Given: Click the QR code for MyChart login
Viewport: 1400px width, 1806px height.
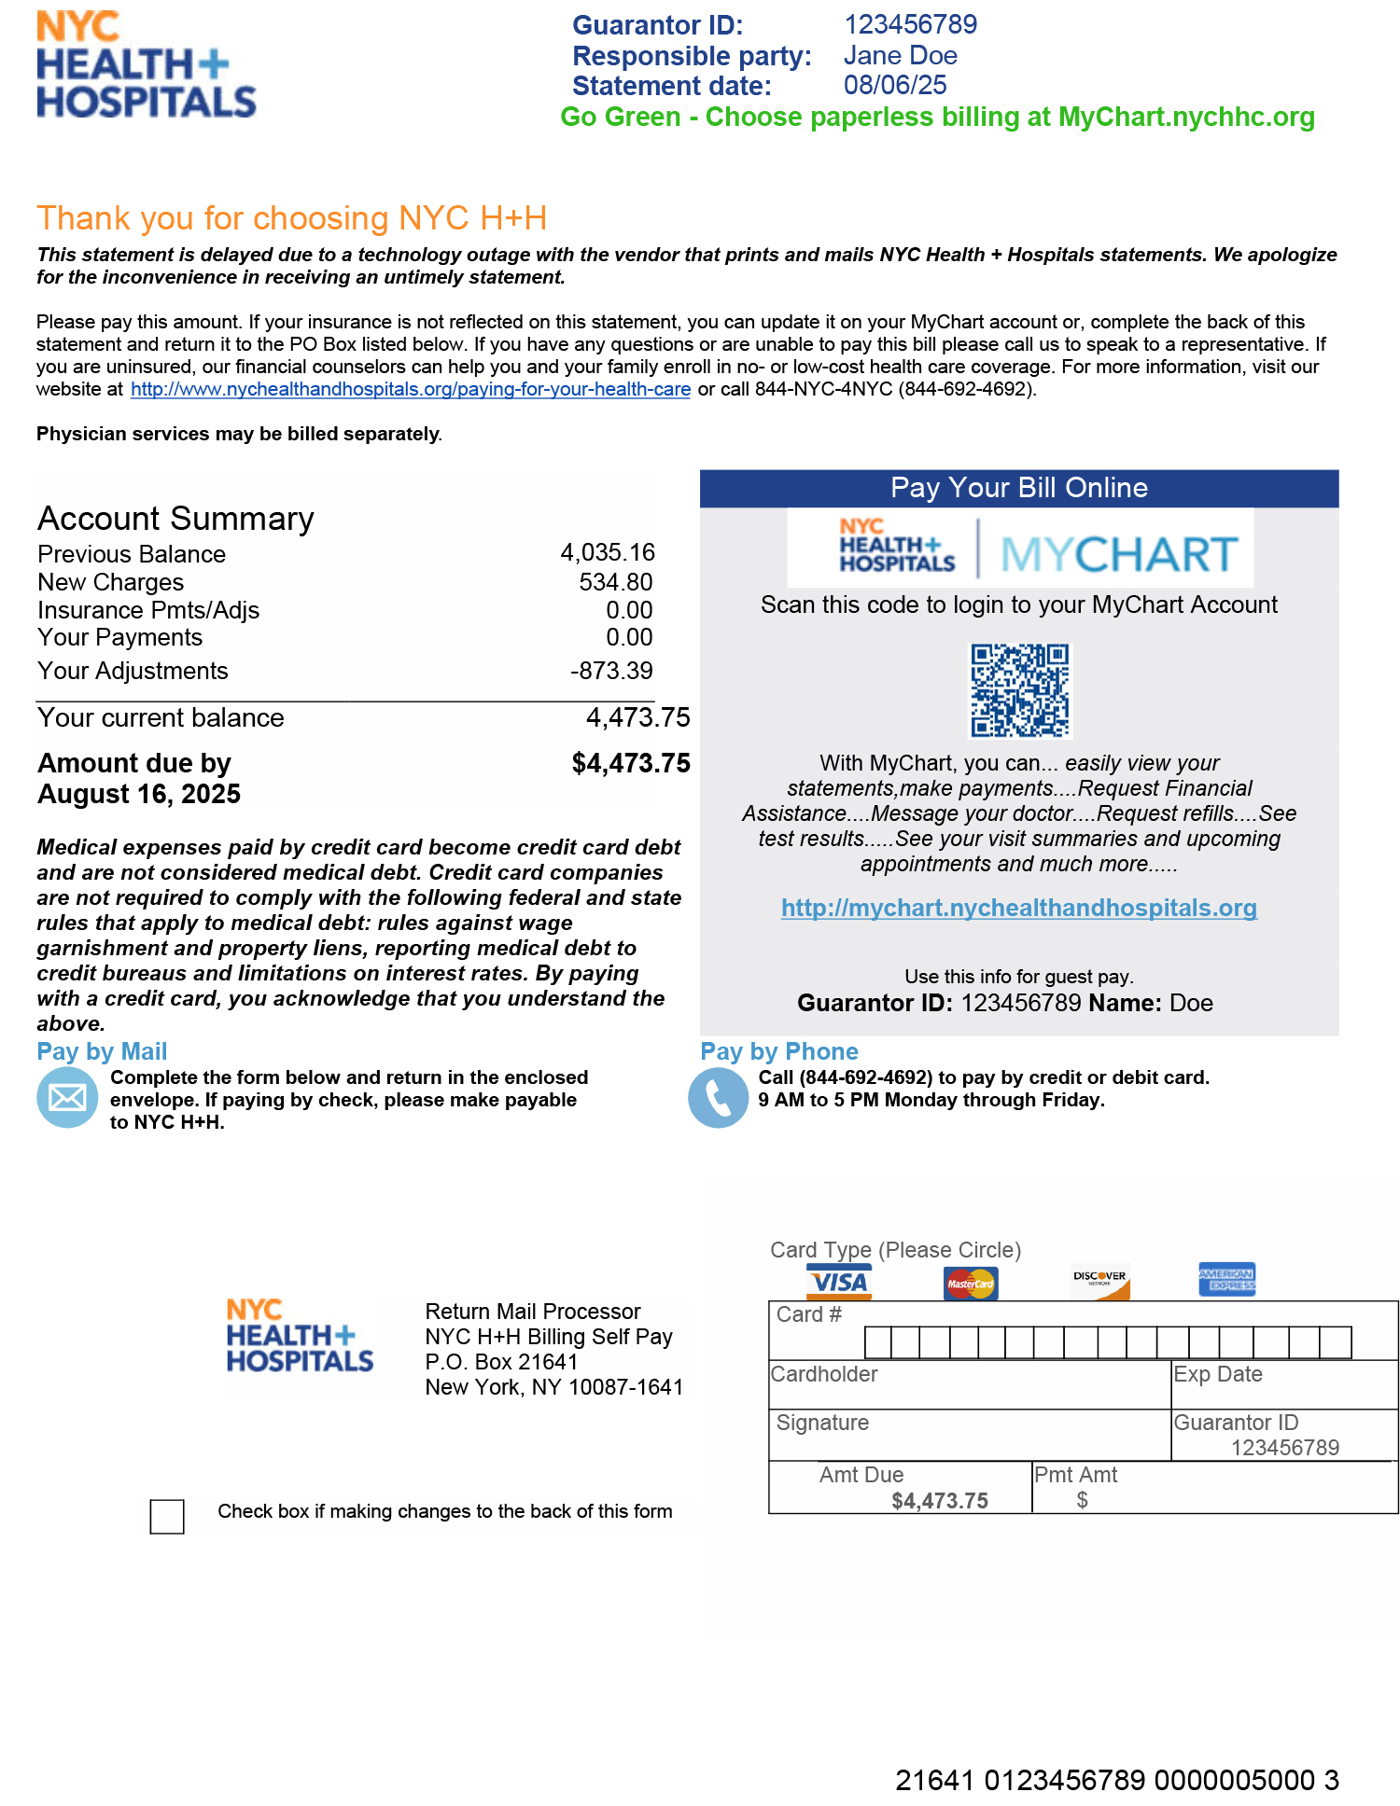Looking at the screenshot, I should pyautogui.click(x=1020, y=690).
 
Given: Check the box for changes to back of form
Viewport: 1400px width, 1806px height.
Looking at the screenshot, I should pyautogui.click(x=167, y=1516).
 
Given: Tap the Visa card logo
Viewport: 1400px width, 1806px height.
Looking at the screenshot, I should pyautogui.click(x=839, y=1283).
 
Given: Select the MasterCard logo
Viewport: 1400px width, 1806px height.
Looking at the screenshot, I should pyautogui.click(x=971, y=1284).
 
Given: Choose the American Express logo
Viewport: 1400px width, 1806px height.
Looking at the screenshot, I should pyautogui.click(x=1226, y=1280).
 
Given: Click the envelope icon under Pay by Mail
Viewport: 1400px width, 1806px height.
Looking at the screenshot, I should pyautogui.click(x=67, y=1098).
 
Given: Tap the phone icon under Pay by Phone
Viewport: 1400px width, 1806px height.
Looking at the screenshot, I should pyautogui.click(x=718, y=1098).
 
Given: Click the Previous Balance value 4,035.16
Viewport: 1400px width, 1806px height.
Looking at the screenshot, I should pyautogui.click(x=608, y=553).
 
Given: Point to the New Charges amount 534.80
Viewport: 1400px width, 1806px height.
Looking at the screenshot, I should pyautogui.click(x=615, y=582).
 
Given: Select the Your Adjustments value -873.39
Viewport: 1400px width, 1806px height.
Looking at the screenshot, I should pyautogui.click(x=611, y=671).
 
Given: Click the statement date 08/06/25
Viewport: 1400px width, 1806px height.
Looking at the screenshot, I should pyautogui.click(x=895, y=85).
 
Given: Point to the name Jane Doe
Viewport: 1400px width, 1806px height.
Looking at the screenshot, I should pyautogui.click(x=900, y=55).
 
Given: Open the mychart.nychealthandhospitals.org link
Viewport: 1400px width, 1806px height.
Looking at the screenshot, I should pyautogui.click(x=1018, y=908).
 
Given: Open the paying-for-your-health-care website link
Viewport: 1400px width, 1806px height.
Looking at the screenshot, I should pyautogui.click(x=410, y=389).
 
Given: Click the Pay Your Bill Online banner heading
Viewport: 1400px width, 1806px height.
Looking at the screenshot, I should pyautogui.click(x=1018, y=488).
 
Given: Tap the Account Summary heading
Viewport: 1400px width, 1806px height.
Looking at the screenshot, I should pyautogui.click(x=175, y=519).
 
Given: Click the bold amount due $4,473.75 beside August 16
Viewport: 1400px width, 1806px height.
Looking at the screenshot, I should pyautogui.click(x=631, y=763).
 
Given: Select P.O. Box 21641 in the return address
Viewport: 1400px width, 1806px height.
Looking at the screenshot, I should pyautogui.click(x=501, y=1362).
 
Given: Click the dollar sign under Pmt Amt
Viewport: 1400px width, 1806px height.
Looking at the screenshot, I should pyautogui.click(x=1082, y=1500).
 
